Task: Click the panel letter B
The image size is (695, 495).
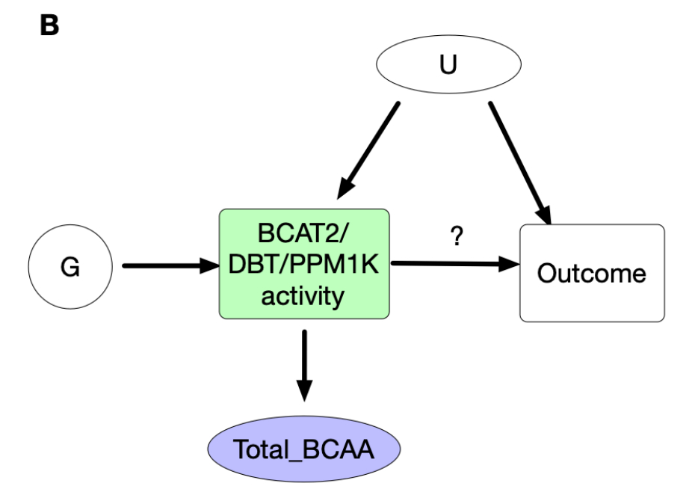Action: point(49,25)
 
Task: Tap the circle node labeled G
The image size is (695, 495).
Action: point(69,266)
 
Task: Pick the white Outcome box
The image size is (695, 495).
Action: point(591,273)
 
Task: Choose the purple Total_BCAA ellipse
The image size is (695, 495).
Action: point(303,449)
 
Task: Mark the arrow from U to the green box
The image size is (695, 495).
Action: point(368,150)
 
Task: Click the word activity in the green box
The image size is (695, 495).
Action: point(303,295)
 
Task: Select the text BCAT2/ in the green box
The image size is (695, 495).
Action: point(303,233)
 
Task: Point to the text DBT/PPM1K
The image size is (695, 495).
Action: point(303,264)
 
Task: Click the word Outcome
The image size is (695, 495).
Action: point(591,273)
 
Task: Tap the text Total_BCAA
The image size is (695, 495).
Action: point(303,450)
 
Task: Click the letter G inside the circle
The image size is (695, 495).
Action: point(69,267)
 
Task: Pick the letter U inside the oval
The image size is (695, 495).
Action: point(448,65)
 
